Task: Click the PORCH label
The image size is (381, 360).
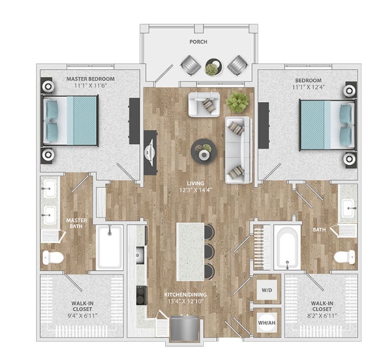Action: pyautogui.click(x=199, y=42)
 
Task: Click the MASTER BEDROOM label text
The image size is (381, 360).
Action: pyautogui.click(x=91, y=79)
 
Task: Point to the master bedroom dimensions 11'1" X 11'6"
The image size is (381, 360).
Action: pyautogui.click(x=91, y=86)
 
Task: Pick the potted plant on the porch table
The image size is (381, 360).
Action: pyautogui.click(x=213, y=67)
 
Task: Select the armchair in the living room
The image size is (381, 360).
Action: pyautogui.click(x=204, y=104)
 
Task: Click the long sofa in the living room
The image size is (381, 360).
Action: pyautogui.click(x=238, y=150)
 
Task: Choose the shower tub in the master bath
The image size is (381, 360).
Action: pyautogui.click(x=110, y=247)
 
